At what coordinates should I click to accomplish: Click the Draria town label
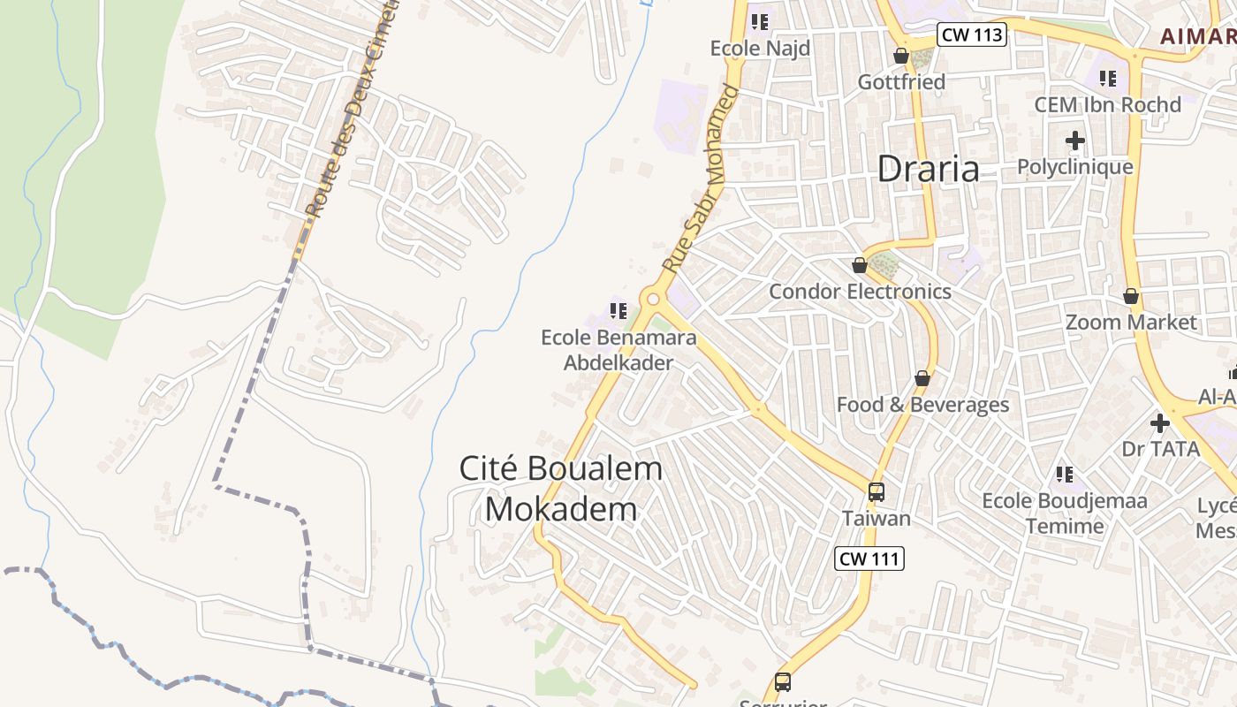(x=928, y=169)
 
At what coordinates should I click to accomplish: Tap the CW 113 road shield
(x=972, y=34)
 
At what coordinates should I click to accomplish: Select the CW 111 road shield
(x=869, y=559)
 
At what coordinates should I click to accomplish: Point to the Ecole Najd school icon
(x=759, y=22)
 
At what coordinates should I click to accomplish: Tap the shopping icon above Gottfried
(x=901, y=57)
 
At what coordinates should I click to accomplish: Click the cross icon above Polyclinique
(x=1074, y=141)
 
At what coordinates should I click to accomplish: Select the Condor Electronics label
(x=860, y=292)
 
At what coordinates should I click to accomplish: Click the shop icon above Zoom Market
(x=1131, y=296)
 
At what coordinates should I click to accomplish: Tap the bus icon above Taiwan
(x=876, y=492)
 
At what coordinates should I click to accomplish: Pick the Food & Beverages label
(x=922, y=405)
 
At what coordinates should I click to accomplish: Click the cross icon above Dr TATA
(x=1160, y=423)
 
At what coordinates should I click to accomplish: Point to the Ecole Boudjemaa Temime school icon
(x=1065, y=475)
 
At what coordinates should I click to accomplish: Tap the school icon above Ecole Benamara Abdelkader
(x=618, y=311)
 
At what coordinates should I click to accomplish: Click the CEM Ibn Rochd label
(x=1107, y=105)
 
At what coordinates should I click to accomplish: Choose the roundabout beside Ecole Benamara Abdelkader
(x=654, y=300)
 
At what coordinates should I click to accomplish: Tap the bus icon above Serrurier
(x=783, y=682)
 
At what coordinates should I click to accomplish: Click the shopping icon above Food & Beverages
(x=922, y=379)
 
